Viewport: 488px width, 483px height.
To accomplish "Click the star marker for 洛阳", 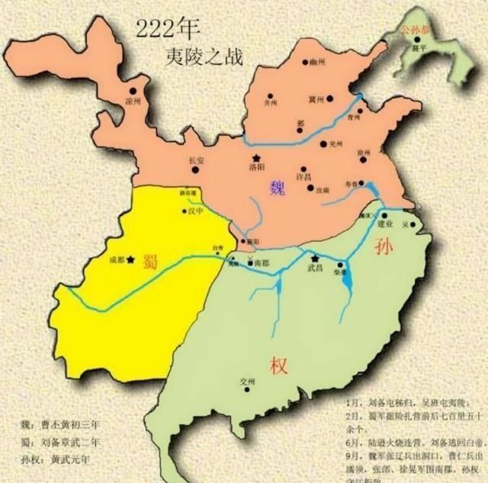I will click(256, 158).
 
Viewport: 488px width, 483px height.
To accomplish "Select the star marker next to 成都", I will click(132, 260).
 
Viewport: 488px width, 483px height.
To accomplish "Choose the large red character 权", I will click(278, 365).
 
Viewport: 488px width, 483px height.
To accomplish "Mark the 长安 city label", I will click(196, 161).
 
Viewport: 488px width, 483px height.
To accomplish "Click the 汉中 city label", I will click(195, 212).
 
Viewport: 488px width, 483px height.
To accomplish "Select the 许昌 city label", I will click(303, 177).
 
